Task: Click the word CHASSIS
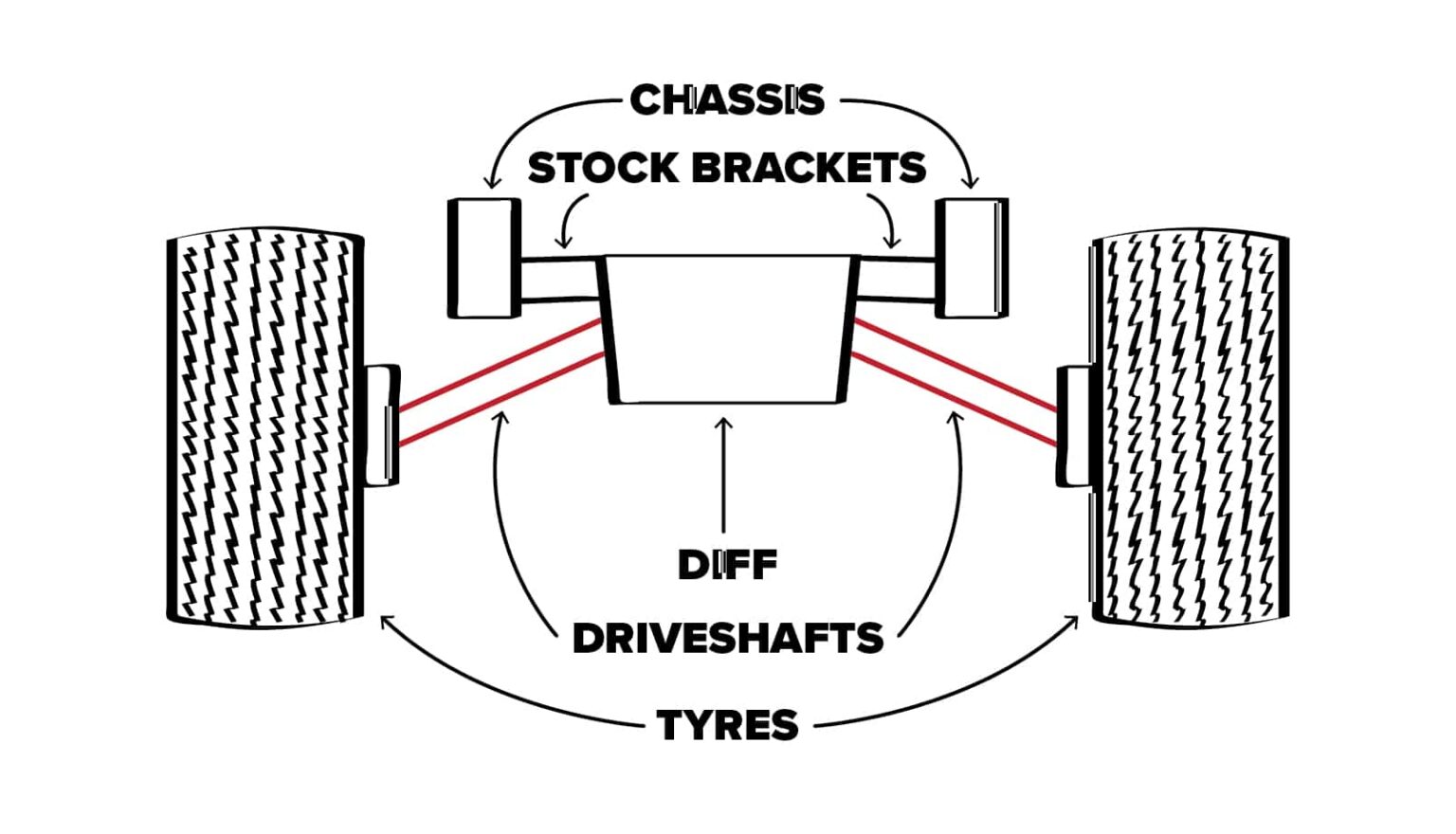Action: point(727,100)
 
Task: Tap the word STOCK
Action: point(604,168)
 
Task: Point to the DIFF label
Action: point(727,565)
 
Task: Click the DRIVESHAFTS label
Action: point(727,638)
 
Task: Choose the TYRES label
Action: point(727,725)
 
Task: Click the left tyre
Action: point(265,426)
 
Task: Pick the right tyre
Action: point(1190,426)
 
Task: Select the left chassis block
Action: point(483,258)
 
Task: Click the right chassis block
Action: point(972,258)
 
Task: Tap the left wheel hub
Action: point(383,426)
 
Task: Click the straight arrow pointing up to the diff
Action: point(725,474)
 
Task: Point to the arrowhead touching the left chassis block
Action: point(491,181)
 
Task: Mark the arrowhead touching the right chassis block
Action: point(969,181)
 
